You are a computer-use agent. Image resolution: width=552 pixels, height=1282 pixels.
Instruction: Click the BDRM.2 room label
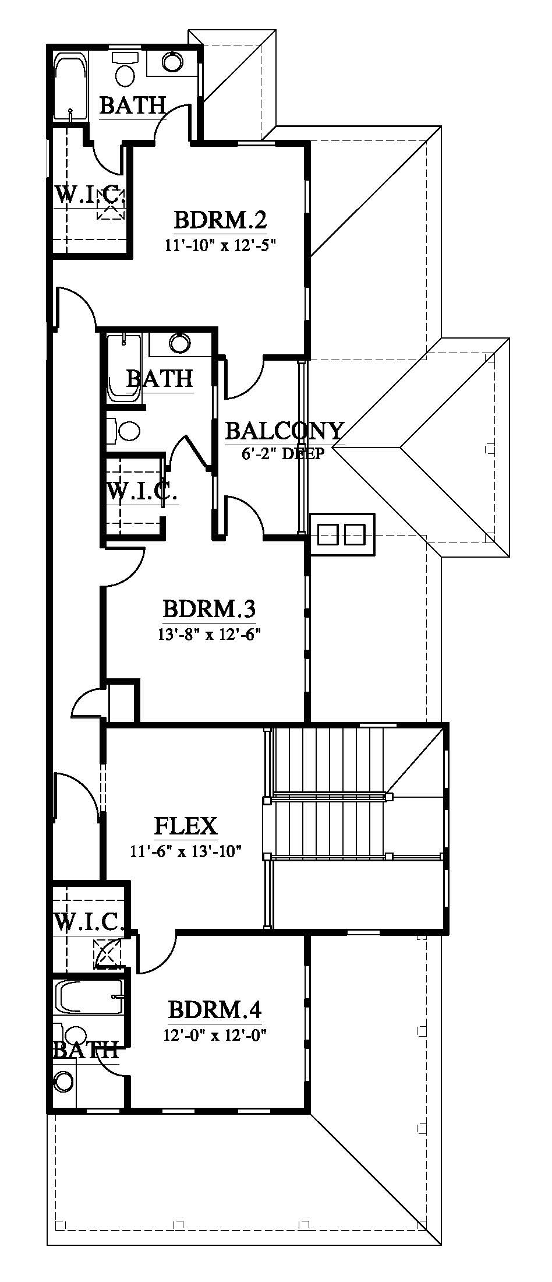(220, 220)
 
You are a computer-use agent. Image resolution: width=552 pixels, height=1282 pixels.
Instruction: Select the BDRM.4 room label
(214, 1009)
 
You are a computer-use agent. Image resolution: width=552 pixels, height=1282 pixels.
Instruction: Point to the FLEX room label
(186, 826)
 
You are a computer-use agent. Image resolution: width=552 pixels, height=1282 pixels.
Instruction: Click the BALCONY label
(284, 431)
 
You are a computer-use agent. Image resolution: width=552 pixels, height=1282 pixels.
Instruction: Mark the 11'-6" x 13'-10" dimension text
(186, 851)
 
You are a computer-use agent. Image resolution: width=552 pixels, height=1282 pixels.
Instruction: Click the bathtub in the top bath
(70, 87)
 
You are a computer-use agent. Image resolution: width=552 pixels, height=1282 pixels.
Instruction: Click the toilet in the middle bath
(124, 431)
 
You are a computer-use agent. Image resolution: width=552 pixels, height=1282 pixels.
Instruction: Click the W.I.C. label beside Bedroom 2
(90, 195)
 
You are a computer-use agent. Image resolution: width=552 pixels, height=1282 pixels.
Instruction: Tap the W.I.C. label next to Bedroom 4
(89, 922)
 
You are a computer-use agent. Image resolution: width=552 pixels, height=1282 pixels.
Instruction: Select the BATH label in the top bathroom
(133, 105)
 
